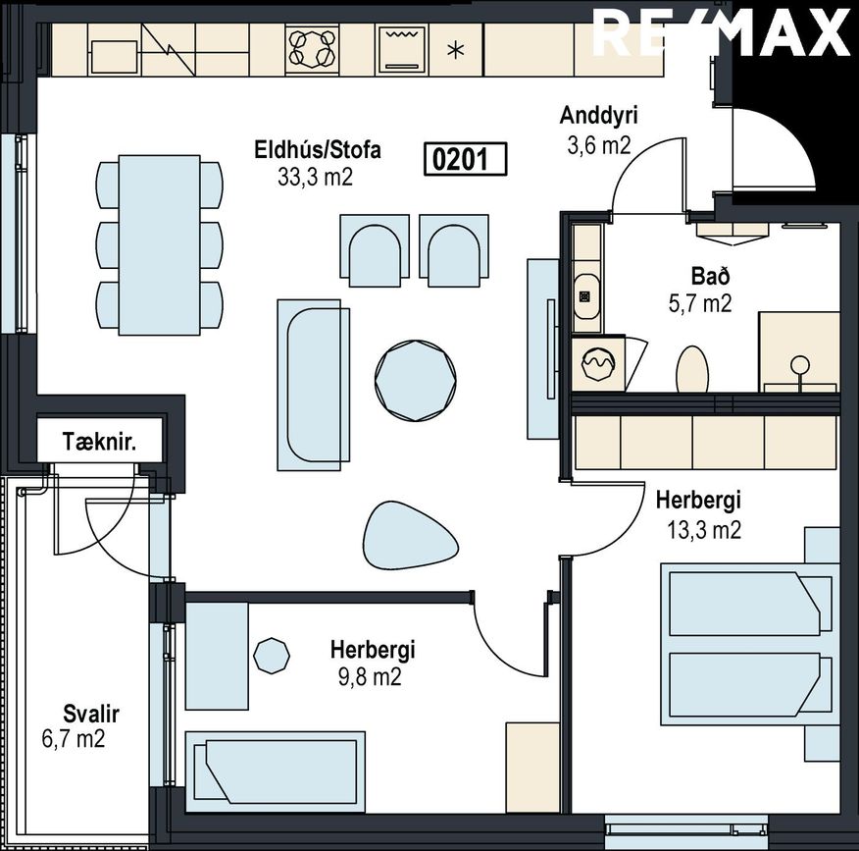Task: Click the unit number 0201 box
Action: [466, 159]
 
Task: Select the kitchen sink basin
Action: [114, 57]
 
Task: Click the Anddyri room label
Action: [599, 116]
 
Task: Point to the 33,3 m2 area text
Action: [315, 177]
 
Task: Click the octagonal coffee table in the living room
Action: [416, 381]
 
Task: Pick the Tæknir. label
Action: [99, 442]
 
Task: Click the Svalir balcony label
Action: [91, 714]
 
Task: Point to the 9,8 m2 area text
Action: [370, 677]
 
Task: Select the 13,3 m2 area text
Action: [704, 530]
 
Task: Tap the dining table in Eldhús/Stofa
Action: [160, 245]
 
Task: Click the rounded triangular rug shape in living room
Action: [410, 536]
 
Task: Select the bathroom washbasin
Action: [585, 295]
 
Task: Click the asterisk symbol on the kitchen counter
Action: [456, 51]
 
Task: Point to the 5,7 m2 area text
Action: [700, 302]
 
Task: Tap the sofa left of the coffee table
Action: [314, 385]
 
